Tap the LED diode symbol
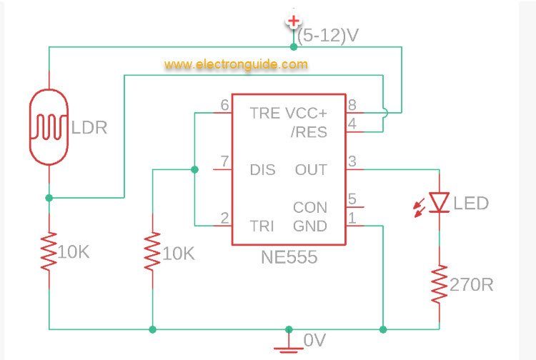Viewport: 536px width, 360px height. [x=440, y=202]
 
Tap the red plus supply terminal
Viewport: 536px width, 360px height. [x=293, y=21]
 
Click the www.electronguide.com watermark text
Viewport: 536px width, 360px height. [x=236, y=65]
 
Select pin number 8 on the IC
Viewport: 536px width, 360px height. [x=352, y=105]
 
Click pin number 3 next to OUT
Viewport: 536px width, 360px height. [x=352, y=162]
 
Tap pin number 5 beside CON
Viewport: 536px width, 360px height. [x=352, y=199]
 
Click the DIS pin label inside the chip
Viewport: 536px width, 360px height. [x=262, y=170]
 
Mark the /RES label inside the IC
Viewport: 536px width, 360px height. [x=309, y=132]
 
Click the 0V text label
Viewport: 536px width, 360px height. [x=314, y=341]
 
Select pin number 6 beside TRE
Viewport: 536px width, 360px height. [x=224, y=105]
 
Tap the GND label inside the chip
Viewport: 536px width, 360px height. [x=310, y=226]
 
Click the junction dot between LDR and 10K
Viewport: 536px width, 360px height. [x=49, y=198]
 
